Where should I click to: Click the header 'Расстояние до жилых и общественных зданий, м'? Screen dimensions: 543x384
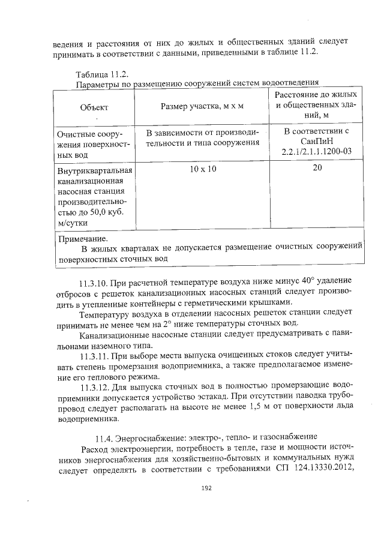(x=317, y=106)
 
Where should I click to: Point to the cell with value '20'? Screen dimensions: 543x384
(x=317, y=169)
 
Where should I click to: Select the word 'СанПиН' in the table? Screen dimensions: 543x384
(x=317, y=142)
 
